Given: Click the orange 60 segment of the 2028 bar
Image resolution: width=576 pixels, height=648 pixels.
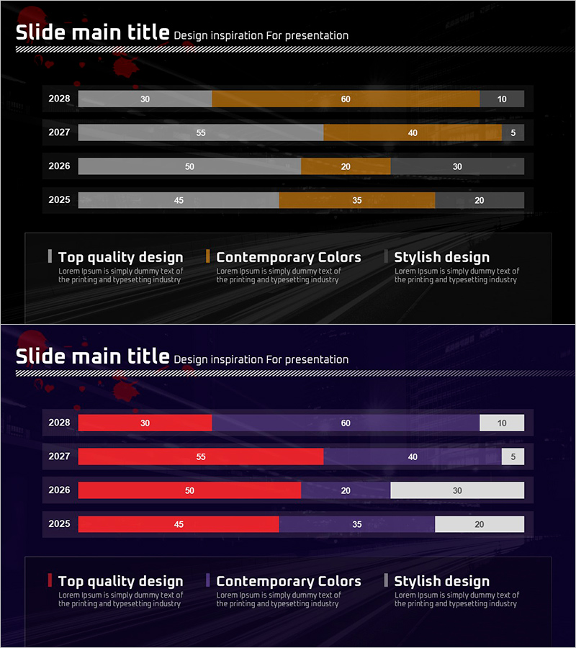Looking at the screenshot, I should tap(346, 99).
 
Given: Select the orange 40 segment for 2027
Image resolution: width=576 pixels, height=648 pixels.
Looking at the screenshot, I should tap(413, 132).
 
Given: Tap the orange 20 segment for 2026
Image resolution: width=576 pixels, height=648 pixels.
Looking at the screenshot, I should tap(346, 166).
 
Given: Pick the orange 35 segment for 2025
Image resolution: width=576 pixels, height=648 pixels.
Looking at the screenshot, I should tap(357, 200).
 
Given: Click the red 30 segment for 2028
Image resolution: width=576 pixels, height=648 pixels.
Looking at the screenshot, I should tap(145, 423).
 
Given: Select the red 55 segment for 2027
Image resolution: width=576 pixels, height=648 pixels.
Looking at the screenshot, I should tap(201, 456).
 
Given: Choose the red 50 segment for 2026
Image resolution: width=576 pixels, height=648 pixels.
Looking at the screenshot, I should tap(189, 490).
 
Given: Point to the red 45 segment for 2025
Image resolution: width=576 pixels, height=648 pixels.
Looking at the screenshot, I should tap(179, 524).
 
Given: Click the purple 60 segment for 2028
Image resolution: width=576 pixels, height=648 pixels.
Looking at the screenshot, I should tap(346, 423).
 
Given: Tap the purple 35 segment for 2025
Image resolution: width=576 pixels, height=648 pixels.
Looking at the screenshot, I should tap(357, 524).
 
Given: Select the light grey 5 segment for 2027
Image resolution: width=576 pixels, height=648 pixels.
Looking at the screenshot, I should tap(513, 456).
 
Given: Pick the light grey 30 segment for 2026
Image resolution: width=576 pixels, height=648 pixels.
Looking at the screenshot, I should tap(457, 490).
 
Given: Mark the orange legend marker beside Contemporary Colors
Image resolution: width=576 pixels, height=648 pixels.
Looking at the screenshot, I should tap(208, 256).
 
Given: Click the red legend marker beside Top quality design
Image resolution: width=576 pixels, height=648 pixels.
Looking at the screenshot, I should tap(50, 580).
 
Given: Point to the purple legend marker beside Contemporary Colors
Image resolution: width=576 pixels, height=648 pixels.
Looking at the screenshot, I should tap(208, 580).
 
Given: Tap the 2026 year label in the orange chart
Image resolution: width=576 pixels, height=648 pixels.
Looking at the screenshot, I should tap(59, 166).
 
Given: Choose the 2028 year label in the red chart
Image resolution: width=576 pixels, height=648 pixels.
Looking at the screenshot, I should tap(59, 423).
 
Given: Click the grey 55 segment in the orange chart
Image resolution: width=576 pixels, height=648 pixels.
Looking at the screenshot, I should tap(201, 132).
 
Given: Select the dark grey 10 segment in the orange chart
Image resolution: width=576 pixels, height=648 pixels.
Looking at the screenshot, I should tap(502, 99).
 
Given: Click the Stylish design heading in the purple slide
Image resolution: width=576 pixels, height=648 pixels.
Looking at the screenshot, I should tap(441, 581).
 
